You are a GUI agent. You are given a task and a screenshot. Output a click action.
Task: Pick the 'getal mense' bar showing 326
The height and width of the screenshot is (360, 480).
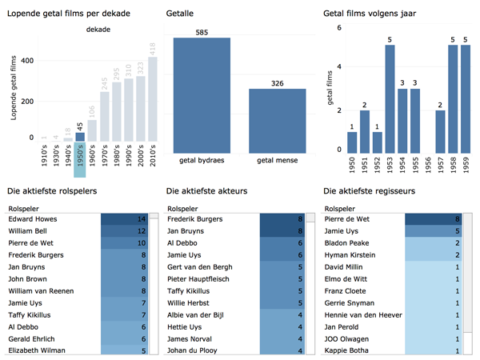click(277, 121)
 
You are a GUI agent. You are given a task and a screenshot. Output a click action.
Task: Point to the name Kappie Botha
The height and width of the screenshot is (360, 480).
click(349, 350)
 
